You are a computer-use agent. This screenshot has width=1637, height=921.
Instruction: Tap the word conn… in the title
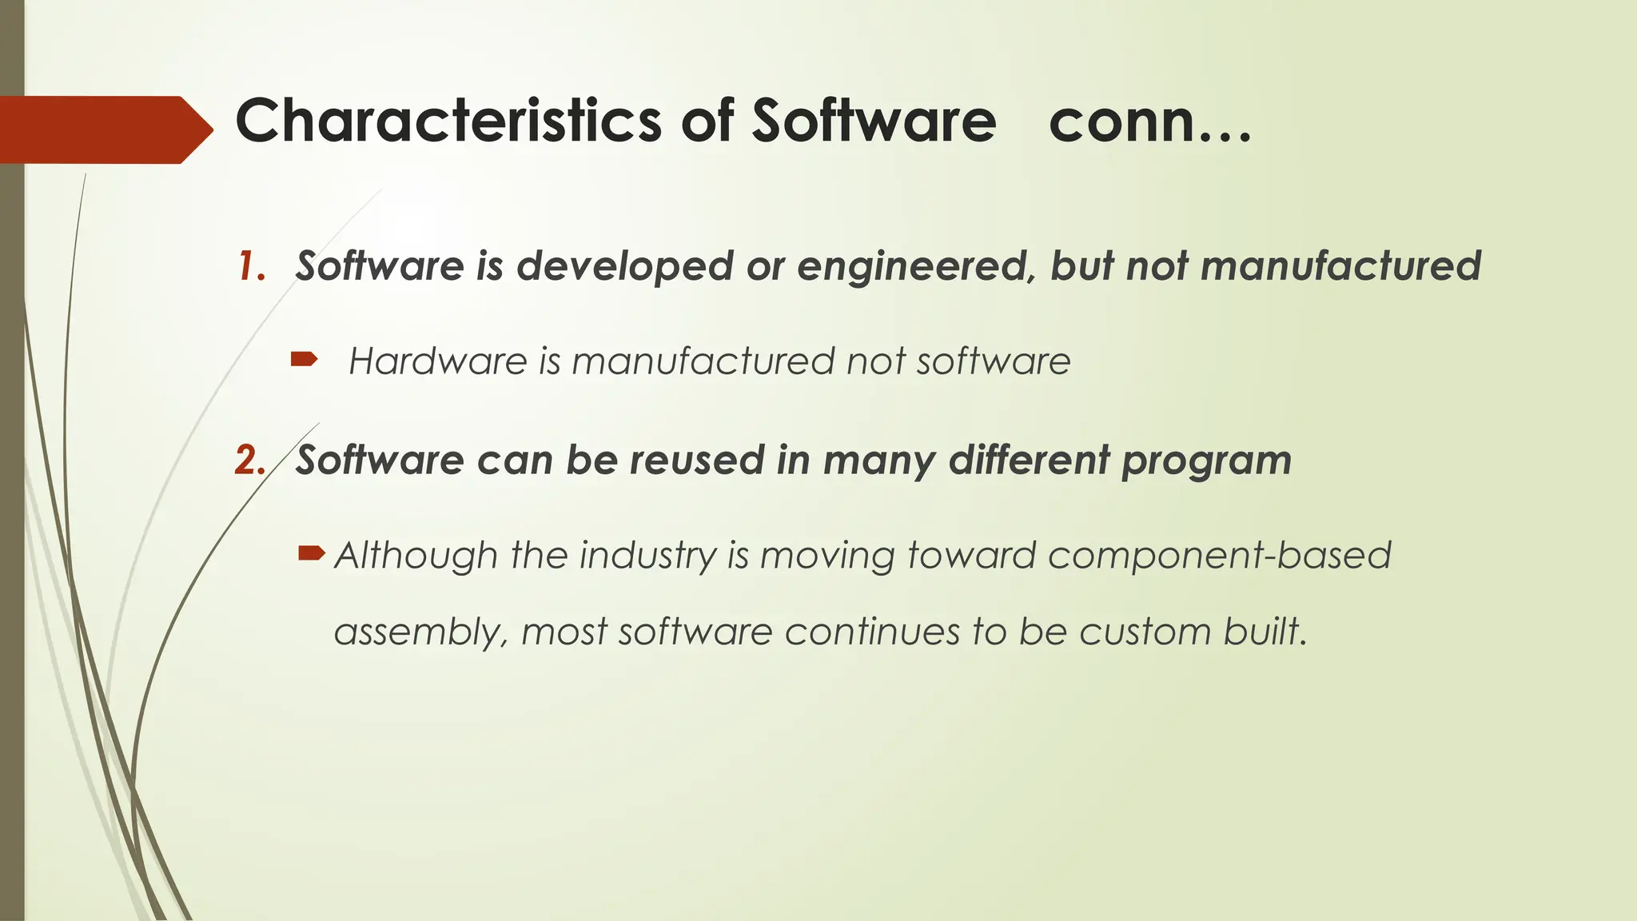tap(1149, 122)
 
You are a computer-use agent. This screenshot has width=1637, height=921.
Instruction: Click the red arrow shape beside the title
tap(104, 130)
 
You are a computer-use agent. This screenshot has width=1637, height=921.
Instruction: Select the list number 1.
tap(250, 266)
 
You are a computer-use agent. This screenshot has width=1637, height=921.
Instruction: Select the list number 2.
tap(249, 460)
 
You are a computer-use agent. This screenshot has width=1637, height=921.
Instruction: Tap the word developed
tap(624, 267)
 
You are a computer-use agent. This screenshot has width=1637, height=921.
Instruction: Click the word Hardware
tap(438, 361)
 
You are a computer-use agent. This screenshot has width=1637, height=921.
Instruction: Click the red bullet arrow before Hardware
tap(304, 360)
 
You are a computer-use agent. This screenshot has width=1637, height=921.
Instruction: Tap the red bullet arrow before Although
tap(311, 552)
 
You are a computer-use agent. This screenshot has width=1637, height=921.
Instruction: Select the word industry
tap(648, 556)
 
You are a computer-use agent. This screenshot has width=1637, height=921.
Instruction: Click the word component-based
tap(1219, 556)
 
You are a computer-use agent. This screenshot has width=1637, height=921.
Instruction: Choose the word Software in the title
tap(874, 121)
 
